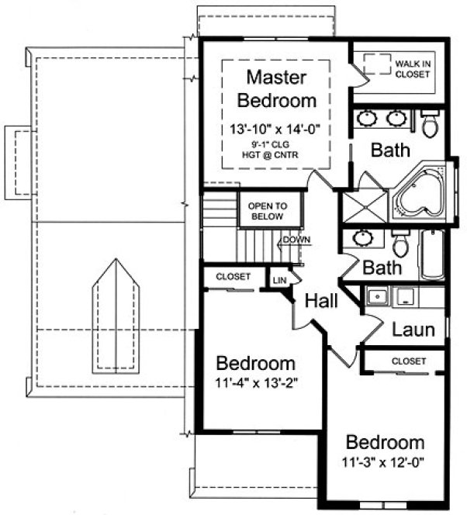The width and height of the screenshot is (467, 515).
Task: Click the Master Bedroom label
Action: (x=277, y=88)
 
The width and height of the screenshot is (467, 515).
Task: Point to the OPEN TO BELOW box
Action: (x=268, y=212)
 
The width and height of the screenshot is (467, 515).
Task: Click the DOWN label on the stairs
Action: (x=296, y=240)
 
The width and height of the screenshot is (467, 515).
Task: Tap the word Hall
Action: (x=320, y=300)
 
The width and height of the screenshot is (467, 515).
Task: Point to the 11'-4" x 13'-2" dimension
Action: (x=256, y=382)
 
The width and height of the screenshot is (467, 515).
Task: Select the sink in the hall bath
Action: (x=362, y=237)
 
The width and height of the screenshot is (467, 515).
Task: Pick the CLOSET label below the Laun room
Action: (x=409, y=361)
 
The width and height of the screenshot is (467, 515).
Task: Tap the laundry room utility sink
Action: (x=377, y=297)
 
